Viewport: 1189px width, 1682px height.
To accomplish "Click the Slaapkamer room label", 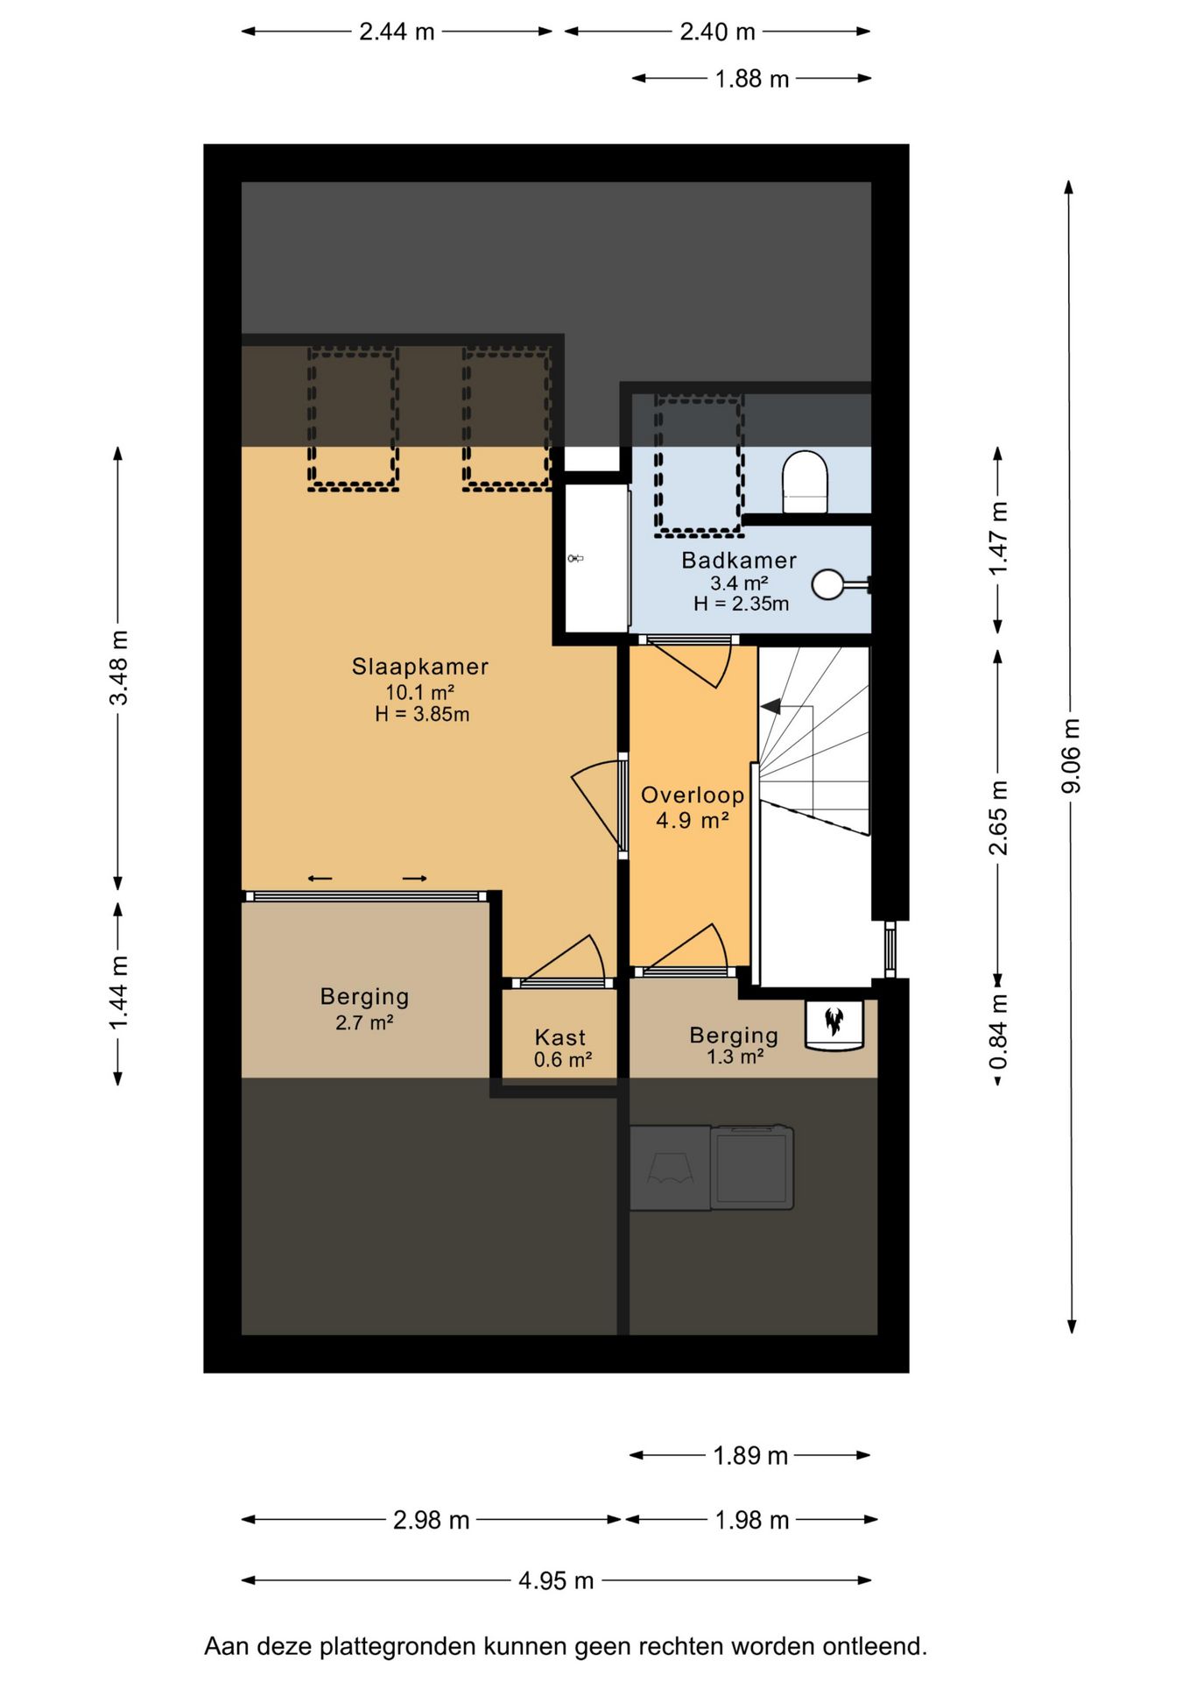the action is click(x=420, y=667).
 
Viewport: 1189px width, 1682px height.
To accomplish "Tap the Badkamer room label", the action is click(x=739, y=561).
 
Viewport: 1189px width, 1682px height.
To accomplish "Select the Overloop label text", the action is click(x=693, y=795).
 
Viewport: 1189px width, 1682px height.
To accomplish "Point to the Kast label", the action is click(x=560, y=1037).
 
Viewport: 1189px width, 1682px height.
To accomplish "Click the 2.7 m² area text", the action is click(x=364, y=1022).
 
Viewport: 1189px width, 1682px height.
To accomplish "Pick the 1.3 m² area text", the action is click(x=735, y=1057).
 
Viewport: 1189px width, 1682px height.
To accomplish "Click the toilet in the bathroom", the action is click(x=805, y=482).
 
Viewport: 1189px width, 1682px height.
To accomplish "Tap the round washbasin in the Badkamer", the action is click(x=828, y=584).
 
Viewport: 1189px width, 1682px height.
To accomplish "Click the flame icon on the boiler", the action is click(x=834, y=1021).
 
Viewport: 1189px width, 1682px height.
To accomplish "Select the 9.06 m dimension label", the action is click(x=1071, y=756).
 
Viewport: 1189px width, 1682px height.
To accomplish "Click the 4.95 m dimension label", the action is click(x=556, y=1580).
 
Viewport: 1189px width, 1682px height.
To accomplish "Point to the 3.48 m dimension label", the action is click(x=118, y=668).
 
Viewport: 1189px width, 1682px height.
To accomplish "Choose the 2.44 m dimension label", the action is click(x=397, y=32).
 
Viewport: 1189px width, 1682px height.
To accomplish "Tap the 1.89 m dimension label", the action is click(x=750, y=1456).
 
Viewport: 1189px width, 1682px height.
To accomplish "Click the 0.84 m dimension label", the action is click(x=998, y=1032).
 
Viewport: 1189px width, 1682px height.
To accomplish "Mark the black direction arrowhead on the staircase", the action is click(x=770, y=706).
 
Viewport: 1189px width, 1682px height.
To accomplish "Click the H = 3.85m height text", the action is click(x=422, y=714).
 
